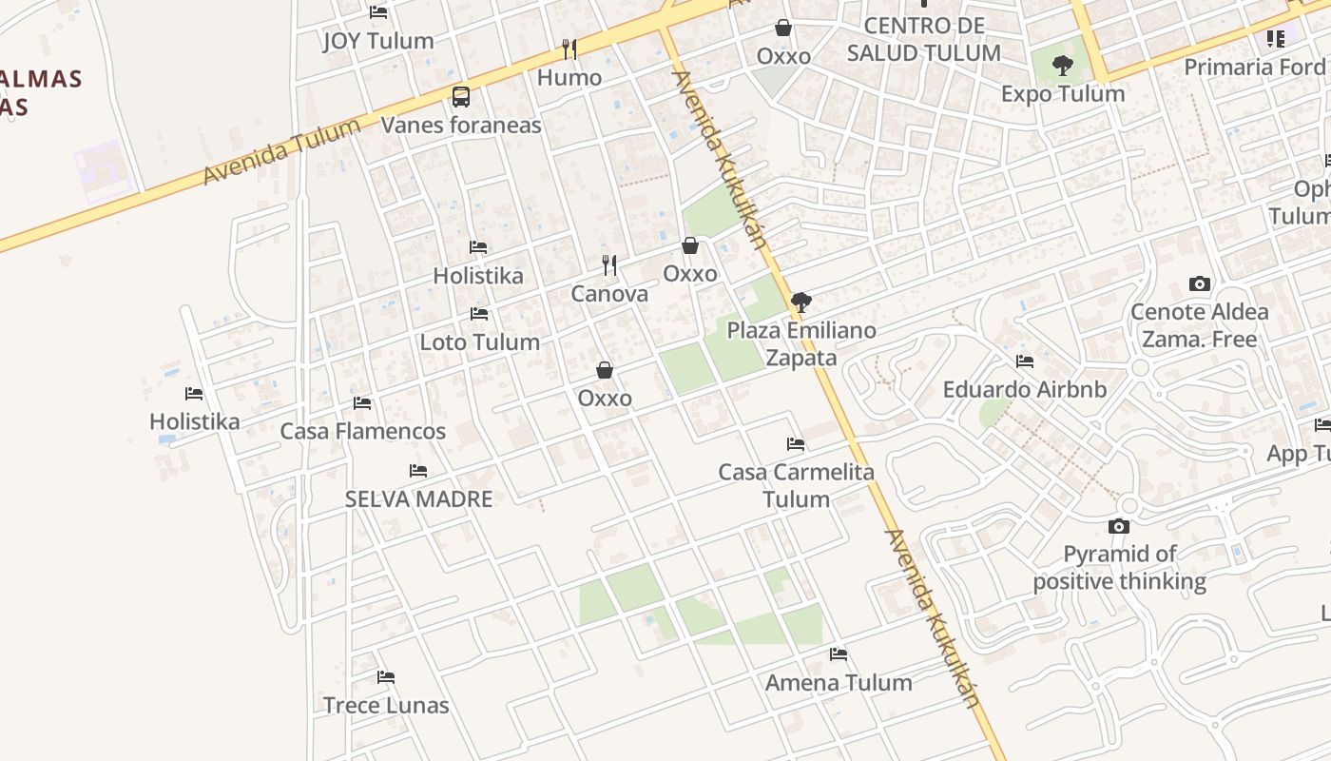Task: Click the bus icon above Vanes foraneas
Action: (461, 96)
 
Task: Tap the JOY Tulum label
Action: (377, 41)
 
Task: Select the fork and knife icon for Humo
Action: (569, 49)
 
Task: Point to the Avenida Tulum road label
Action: (282, 151)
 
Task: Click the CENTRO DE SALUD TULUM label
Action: (923, 39)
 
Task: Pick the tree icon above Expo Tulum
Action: (1063, 66)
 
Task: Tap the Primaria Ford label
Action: (1254, 67)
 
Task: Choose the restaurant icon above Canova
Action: (609, 265)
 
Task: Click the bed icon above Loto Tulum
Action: (479, 314)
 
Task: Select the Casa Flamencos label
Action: (362, 431)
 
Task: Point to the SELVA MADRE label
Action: (418, 498)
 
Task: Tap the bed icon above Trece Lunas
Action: (385, 677)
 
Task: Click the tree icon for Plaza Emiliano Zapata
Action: (801, 302)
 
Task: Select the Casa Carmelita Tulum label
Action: (796, 485)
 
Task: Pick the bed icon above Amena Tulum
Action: (839, 654)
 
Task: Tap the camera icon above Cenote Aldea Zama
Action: (1200, 283)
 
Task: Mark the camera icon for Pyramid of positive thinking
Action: (1119, 526)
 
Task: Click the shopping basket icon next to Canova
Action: (690, 245)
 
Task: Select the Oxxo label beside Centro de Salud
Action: (783, 56)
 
